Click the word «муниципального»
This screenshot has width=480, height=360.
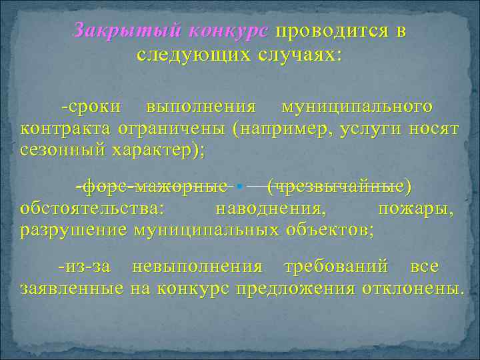pos(357,107)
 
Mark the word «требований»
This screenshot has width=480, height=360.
pos(336,267)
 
